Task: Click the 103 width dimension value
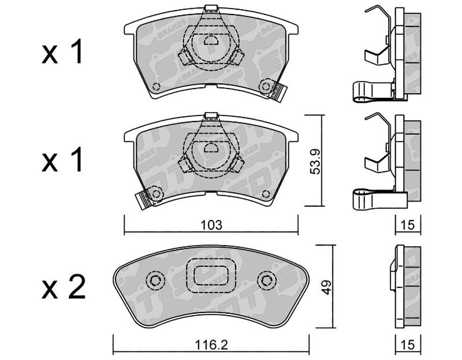tap(211, 225)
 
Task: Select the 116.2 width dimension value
tap(211, 344)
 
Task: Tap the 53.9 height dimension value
tap(315, 161)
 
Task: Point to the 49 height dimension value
tap(327, 287)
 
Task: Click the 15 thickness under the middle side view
tap(408, 225)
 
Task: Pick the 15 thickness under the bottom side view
tap(408, 344)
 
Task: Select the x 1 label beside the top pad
tap(62, 51)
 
